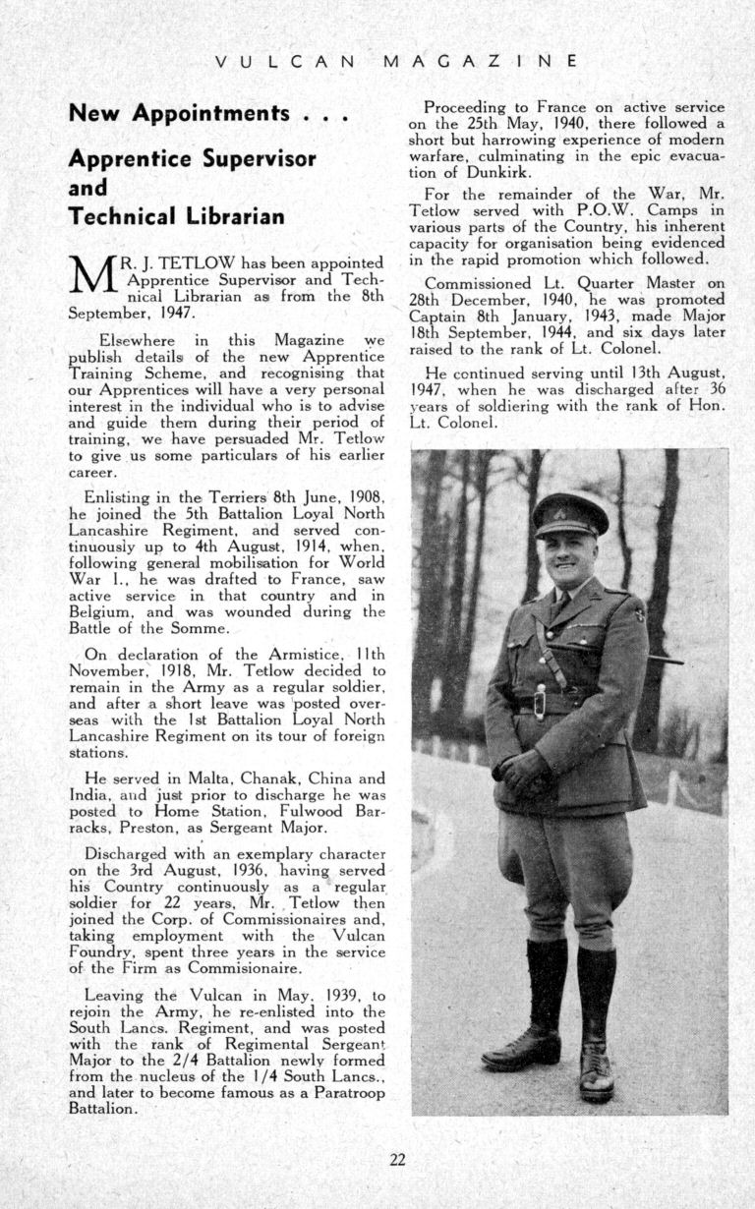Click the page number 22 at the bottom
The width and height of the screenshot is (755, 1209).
tap(397, 1159)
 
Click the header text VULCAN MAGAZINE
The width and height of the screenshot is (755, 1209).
tap(396, 61)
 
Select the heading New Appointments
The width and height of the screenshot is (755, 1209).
tap(209, 113)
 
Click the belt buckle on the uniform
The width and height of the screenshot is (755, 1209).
tap(540, 702)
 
